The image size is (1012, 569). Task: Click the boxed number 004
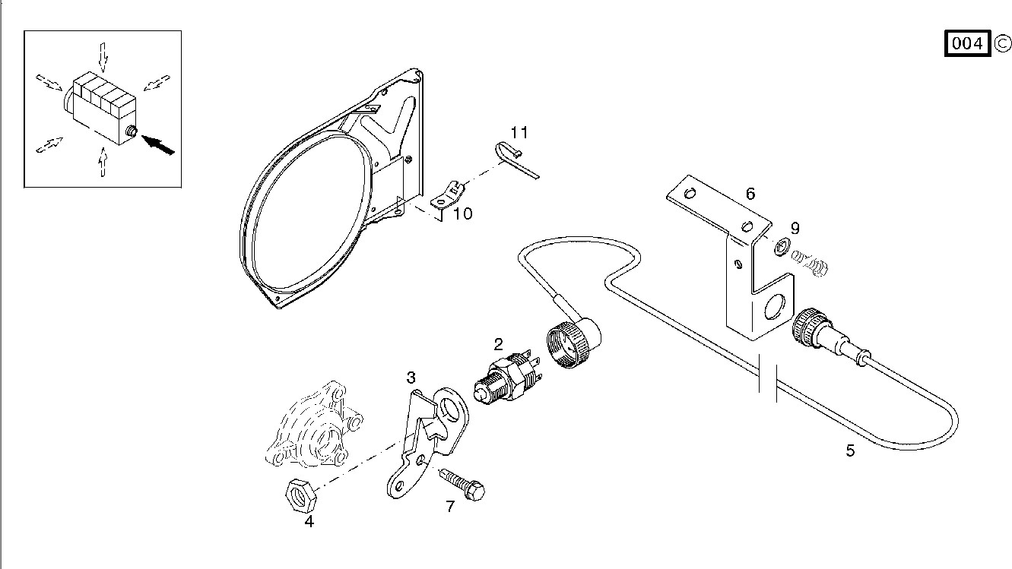[x=968, y=43]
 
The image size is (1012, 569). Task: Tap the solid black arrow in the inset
[x=158, y=143]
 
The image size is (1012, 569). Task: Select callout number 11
[x=519, y=133]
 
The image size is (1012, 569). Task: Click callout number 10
[x=462, y=214]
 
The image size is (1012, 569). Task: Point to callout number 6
[x=750, y=194]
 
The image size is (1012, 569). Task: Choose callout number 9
[x=795, y=228]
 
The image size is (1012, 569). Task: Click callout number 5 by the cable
[x=850, y=450]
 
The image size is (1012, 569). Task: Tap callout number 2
[x=499, y=343]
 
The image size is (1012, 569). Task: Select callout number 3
[x=411, y=378]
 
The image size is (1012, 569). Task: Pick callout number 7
[x=450, y=507]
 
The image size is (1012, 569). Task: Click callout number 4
[x=309, y=521]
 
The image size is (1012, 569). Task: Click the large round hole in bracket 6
[x=776, y=307]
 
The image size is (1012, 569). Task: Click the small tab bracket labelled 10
[x=449, y=195]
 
